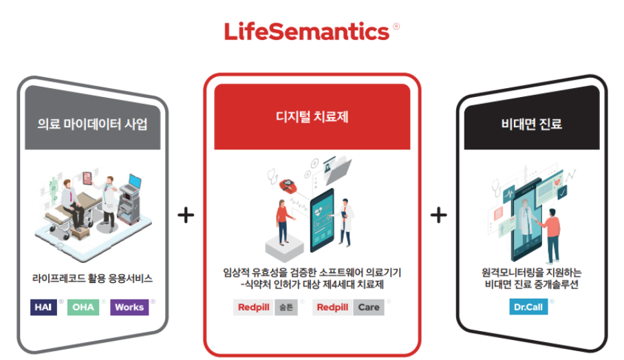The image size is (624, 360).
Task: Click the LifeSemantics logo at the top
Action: point(307,32)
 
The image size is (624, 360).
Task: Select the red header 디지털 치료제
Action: point(312,117)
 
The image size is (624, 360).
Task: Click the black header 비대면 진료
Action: point(532,125)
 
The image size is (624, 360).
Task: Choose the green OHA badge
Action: point(83,307)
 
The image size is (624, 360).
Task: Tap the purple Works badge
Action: point(129,307)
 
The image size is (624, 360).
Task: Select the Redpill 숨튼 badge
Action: point(266,307)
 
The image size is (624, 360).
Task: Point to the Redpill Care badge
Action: point(349,307)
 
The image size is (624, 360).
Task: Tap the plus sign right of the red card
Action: point(438,215)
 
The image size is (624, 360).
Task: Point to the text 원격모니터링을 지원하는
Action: point(532,273)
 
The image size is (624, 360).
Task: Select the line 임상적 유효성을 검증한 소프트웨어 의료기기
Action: point(312,273)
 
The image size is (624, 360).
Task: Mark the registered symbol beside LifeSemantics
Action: point(396,27)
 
